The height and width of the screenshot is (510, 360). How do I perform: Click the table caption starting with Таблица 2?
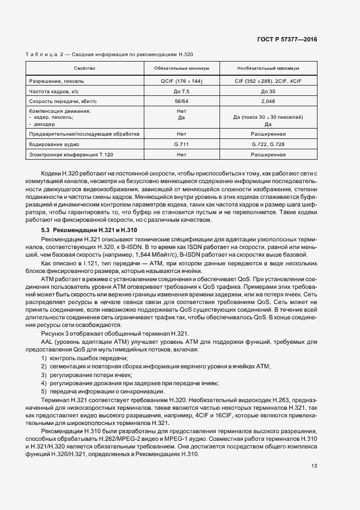pos(109,54)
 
